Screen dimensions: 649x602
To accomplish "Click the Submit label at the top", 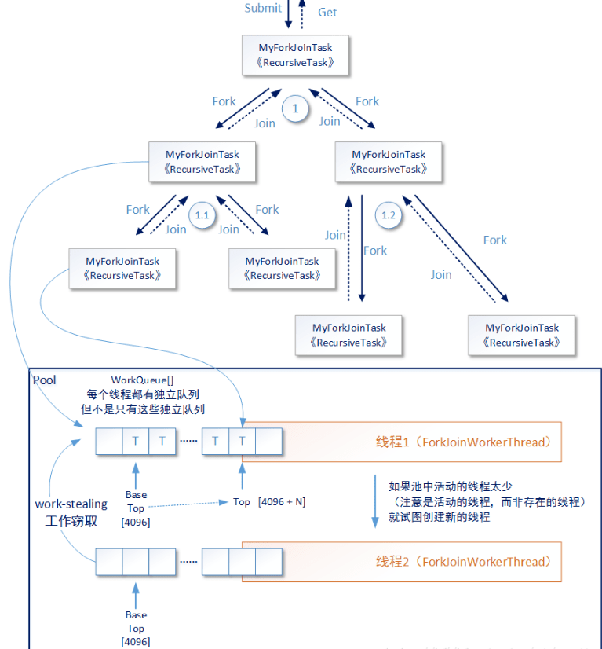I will (x=263, y=8).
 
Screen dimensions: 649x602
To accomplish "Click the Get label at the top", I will (x=327, y=12).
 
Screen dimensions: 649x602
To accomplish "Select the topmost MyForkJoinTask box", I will (x=295, y=55).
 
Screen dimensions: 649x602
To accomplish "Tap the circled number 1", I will (x=295, y=109).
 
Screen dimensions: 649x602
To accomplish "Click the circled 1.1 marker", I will (x=202, y=215).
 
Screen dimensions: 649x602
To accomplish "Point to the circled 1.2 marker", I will (x=389, y=215).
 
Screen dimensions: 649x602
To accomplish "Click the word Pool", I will (x=45, y=380).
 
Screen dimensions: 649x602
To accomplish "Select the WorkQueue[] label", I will (x=143, y=380).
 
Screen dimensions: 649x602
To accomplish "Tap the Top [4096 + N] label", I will (x=269, y=501).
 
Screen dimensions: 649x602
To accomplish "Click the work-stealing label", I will (x=70, y=504).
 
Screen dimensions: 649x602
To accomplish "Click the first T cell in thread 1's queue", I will (x=136, y=441).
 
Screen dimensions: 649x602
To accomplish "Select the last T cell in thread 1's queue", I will (x=242, y=441).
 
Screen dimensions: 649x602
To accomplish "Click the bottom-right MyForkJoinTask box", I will (x=522, y=335).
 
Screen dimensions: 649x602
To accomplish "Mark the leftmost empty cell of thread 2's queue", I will (x=109, y=561).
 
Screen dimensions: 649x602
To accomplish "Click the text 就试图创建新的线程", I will (x=439, y=516).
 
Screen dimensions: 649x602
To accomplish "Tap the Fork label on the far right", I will (x=494, y=240).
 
